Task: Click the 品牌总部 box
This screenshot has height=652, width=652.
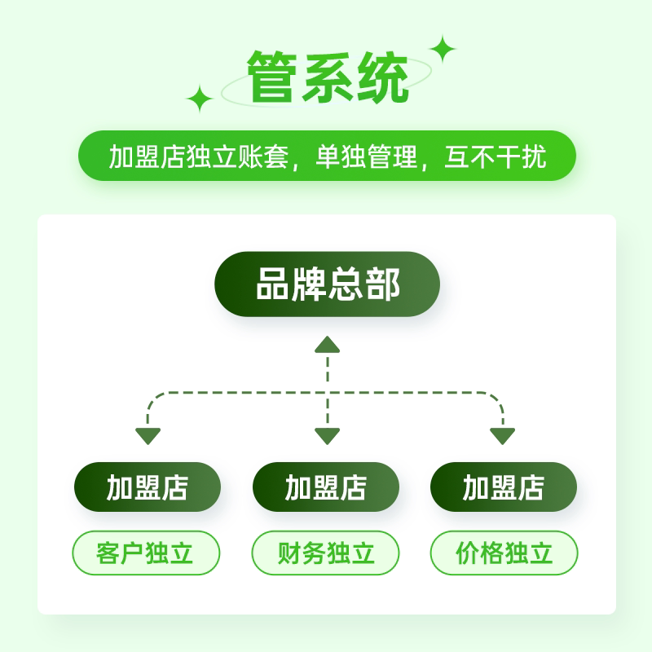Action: (327, 284)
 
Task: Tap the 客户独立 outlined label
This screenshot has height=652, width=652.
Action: (147, 554)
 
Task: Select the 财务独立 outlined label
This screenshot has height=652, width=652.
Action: (326, 554)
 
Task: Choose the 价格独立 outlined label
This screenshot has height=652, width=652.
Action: (504, 554)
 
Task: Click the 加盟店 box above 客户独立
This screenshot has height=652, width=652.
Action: (148, 487)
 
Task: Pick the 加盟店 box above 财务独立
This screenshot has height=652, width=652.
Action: (326, 487)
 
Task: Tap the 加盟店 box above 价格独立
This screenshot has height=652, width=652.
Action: (504, 487)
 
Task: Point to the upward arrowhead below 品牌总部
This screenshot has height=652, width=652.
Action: (327, 344)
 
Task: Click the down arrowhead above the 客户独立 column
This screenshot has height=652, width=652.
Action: (148, 436)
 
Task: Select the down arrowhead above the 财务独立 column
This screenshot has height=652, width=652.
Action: (327, 436)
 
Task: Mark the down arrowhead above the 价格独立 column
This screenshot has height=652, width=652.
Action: (503, 436)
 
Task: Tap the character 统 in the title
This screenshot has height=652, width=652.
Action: (381, 77)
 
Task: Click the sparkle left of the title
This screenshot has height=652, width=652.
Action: (200, 99)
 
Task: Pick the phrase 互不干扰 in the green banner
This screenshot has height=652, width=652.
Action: (495, 156)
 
